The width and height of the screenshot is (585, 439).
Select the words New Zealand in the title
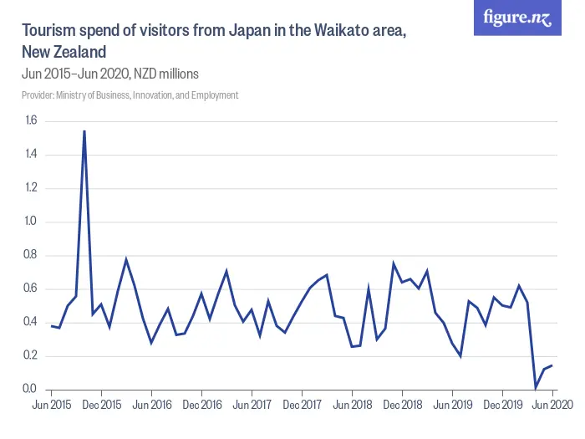64,52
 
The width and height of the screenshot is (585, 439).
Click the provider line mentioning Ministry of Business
130,95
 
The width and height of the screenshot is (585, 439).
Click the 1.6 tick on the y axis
31,120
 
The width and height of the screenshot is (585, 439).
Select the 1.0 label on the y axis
31,222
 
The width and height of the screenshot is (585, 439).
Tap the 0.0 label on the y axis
31,389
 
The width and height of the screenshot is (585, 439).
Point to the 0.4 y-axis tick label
31,322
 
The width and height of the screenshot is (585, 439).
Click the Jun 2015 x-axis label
51,405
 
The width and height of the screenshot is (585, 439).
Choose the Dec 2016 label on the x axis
201,405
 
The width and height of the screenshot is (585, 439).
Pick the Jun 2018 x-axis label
352,405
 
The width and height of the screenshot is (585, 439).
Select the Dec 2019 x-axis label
502,405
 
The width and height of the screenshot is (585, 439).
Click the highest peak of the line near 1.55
84,130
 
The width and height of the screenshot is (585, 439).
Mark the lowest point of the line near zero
536,386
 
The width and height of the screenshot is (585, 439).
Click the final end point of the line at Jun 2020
552,365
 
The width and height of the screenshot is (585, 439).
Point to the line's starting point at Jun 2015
51,325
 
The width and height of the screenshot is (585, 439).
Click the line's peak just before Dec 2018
394,263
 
